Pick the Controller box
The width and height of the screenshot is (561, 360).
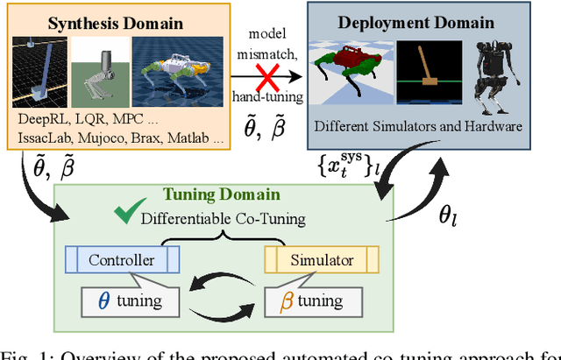pyautogui.click(x=122, y=260)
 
